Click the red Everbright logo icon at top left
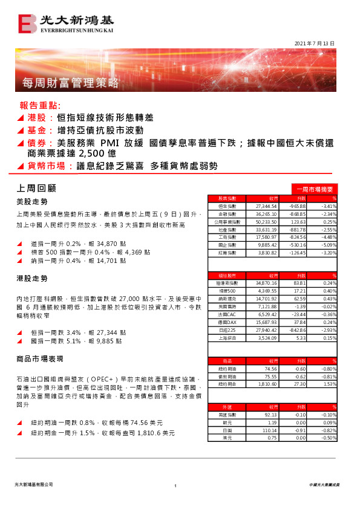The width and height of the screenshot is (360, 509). pos(28,24)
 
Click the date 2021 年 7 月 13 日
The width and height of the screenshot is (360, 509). pos(314,44)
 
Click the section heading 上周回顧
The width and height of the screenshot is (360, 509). pos(34,189)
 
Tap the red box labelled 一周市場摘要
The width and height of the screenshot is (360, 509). pos(314,189)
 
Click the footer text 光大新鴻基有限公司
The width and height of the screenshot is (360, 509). pos(33,485)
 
